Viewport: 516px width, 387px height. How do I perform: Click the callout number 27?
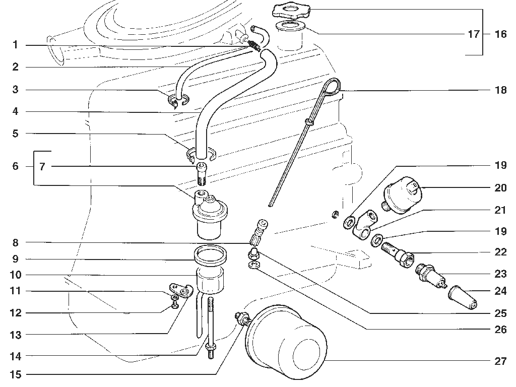[x=500, y=361]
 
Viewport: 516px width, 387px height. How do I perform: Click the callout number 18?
[x=500, y=90]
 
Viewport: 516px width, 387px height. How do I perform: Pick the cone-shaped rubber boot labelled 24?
[x=462, y=297]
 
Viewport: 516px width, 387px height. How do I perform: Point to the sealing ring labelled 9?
[x=210, y=255]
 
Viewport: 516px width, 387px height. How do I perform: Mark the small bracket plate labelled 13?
[x=181, y=290]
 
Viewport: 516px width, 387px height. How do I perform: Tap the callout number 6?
[x=16, y=166]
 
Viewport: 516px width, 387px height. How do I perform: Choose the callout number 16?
[x=500, y=34]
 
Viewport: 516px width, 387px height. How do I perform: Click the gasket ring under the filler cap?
[x=290, y=26]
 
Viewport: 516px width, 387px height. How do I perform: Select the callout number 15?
[x=16, y=374]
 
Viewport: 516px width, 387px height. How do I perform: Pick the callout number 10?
[x=16, y=275]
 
